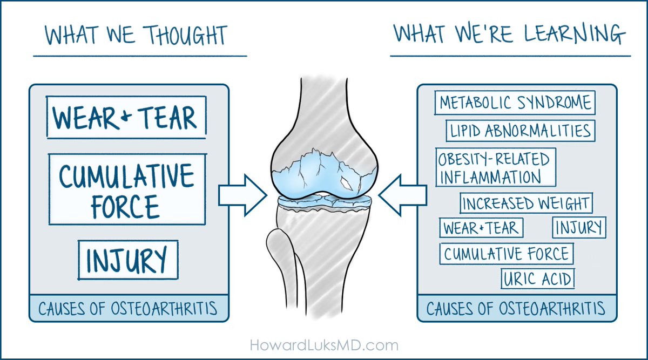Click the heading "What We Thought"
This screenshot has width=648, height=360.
136,35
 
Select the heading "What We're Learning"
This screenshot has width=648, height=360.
509,33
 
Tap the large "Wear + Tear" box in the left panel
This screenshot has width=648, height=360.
126,117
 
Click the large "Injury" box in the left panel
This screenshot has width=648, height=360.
128,260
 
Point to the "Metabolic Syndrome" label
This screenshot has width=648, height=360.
515,103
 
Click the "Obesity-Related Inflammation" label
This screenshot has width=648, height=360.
495,167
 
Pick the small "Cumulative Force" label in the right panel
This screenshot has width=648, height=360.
507,254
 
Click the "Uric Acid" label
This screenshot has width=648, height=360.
537,279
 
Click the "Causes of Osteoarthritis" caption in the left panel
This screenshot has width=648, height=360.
129,309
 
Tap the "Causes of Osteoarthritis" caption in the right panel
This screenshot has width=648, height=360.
516,309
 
